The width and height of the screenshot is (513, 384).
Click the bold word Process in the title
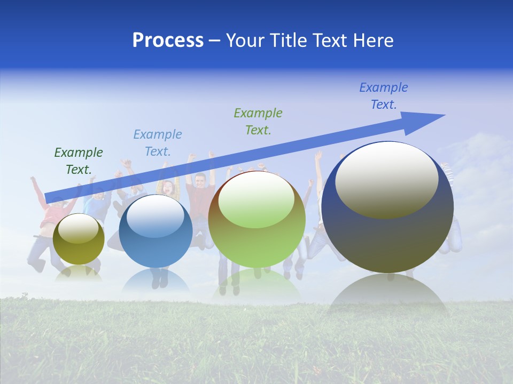point(168,41)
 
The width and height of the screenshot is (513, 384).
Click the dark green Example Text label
point(78,161)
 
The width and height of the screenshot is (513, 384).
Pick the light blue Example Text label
point(158,143)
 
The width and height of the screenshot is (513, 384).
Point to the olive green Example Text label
point(258,121)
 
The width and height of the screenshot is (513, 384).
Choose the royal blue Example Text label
point(384,96)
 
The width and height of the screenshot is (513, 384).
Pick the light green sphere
point(256,235)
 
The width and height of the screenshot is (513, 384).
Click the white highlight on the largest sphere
point(386,179)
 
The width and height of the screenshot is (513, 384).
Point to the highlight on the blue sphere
point(155,216)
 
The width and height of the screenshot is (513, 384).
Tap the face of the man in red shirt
point(200,181)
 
